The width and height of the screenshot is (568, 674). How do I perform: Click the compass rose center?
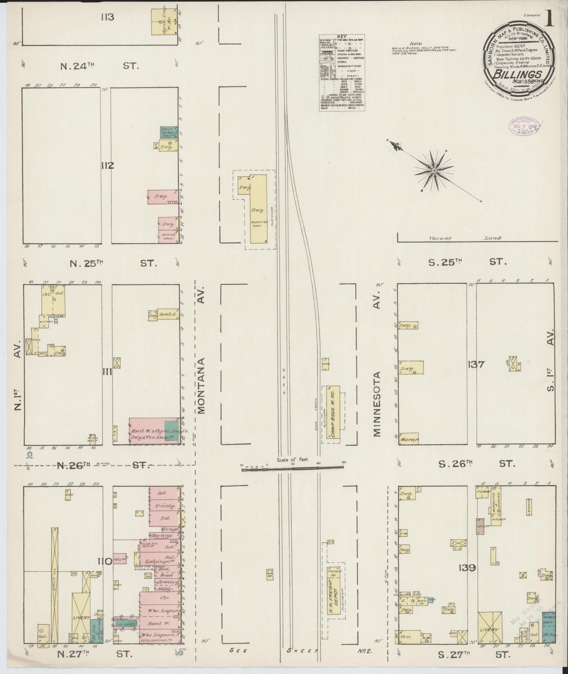tap(434, 171)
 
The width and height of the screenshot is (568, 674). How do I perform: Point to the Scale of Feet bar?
tap(292, 467)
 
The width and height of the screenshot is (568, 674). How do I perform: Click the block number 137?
tap(476, 364)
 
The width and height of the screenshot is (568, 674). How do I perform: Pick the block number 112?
tap(107, 166)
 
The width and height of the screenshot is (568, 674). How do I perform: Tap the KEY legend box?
tap(342, 73)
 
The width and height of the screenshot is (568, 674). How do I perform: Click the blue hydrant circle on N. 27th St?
tap(181, 653)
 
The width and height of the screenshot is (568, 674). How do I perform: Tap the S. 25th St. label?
tap(472, 262)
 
